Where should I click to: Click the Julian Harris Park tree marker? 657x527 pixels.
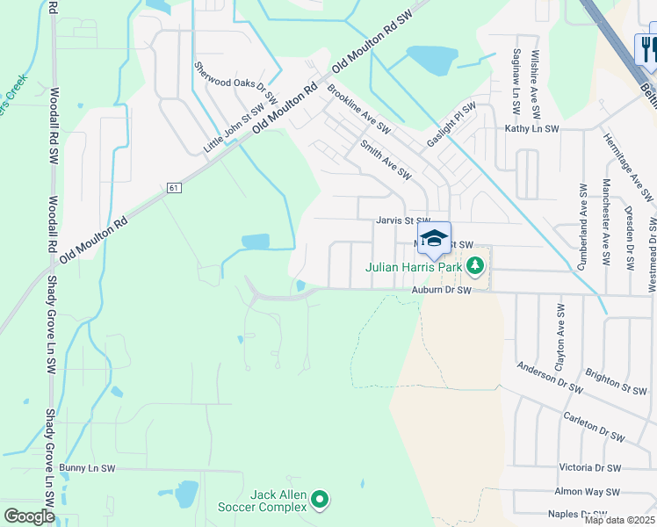(x=475, y=263)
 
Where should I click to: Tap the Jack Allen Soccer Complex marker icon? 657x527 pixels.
(x=320, y=501)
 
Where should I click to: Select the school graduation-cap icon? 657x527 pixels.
(x=434, y=238)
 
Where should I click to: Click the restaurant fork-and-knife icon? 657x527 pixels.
(x=648, y=48)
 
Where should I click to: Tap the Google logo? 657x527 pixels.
(x=29, y=516)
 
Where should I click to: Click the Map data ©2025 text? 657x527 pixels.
(x=619, y=520)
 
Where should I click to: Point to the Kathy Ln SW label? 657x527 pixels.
(x=531, y=129)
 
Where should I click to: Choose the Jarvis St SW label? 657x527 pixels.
(x=403, y=220)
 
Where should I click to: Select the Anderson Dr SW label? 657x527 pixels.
(x=550, y=377)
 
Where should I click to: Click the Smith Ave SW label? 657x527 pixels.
(x=386, y=159)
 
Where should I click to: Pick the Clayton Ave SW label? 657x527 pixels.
(x=560, y=335)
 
